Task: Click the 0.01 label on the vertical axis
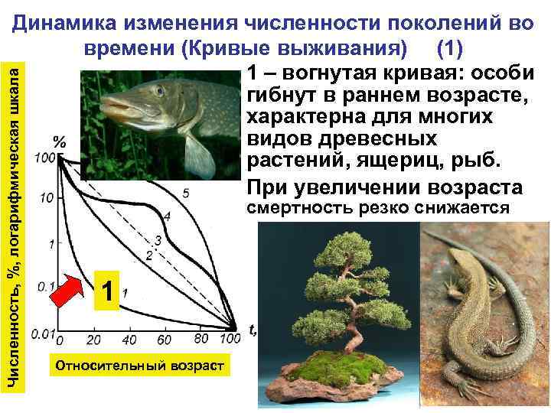coord(44,334)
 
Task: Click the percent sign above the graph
coord(60,141)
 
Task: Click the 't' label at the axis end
coord(251,329)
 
